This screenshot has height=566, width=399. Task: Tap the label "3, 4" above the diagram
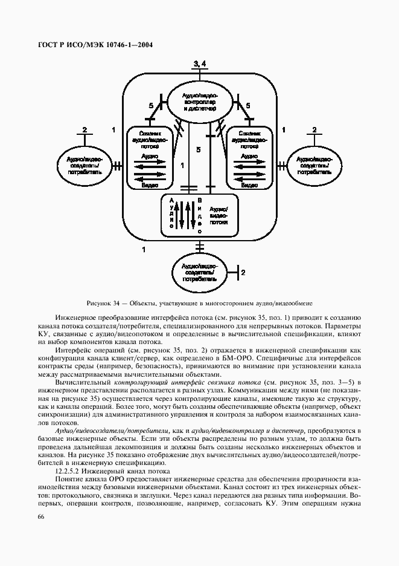pos(200,63)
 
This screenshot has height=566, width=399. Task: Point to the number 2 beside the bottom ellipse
pos(243,273)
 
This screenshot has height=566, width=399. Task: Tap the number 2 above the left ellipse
pos(85,130)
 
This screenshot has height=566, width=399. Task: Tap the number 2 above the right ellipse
pos(314,130)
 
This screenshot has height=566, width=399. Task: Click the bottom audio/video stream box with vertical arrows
pos(200,215)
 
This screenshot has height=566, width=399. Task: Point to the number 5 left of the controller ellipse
pos(151,106)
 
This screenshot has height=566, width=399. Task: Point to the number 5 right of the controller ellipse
pos(248,106)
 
